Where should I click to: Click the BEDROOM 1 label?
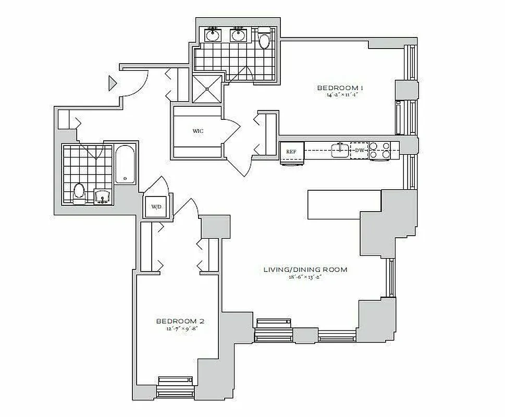pyautogui.click(x=340, y=88)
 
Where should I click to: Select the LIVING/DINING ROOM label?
pyautogui.click(x=305, y=269)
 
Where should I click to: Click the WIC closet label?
pyautogui.click(x=198, y=131)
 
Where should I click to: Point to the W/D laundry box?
pyautogui.click(x=156, y=207)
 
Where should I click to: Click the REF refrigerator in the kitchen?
pyautogui.click(x=291, y=152)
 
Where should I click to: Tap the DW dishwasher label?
pyautogui.click(x=359, y=151)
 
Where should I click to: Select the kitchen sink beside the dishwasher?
pyautogui.click(x=340, y=151)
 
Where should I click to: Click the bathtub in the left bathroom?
pyautogui.click(x=125, y=165)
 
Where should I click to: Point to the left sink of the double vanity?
pyautogui.click(x=212, y=35)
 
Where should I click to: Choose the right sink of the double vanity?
pyautogui.click(x=239, y=35)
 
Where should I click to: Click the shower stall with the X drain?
pyautogui.click(x=207, y=89)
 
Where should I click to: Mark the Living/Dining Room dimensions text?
pyautogui.click(x=305, y=277)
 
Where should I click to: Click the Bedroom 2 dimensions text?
pyautogui.click(x=177, y=329)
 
